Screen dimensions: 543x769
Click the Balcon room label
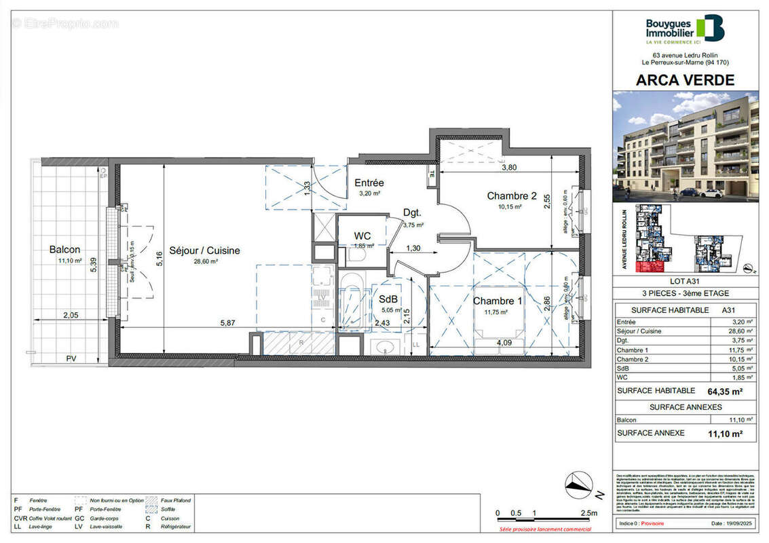point(64,249)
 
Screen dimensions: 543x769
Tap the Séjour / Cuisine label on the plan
point(204,250)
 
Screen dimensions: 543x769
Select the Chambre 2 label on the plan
point(512,196)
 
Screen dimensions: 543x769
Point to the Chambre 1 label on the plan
point(498,301)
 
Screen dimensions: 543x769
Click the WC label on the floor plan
point(362,236)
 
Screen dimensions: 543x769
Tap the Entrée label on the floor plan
point(369,183)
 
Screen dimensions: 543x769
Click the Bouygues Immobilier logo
point(684,29)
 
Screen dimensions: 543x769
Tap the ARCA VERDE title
point(685,79)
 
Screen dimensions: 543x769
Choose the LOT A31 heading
point(684,281)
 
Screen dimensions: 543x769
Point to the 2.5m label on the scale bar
point(588,512)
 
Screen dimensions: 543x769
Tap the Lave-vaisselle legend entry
point(96,527)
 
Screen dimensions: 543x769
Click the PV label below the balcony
point(71,358)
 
